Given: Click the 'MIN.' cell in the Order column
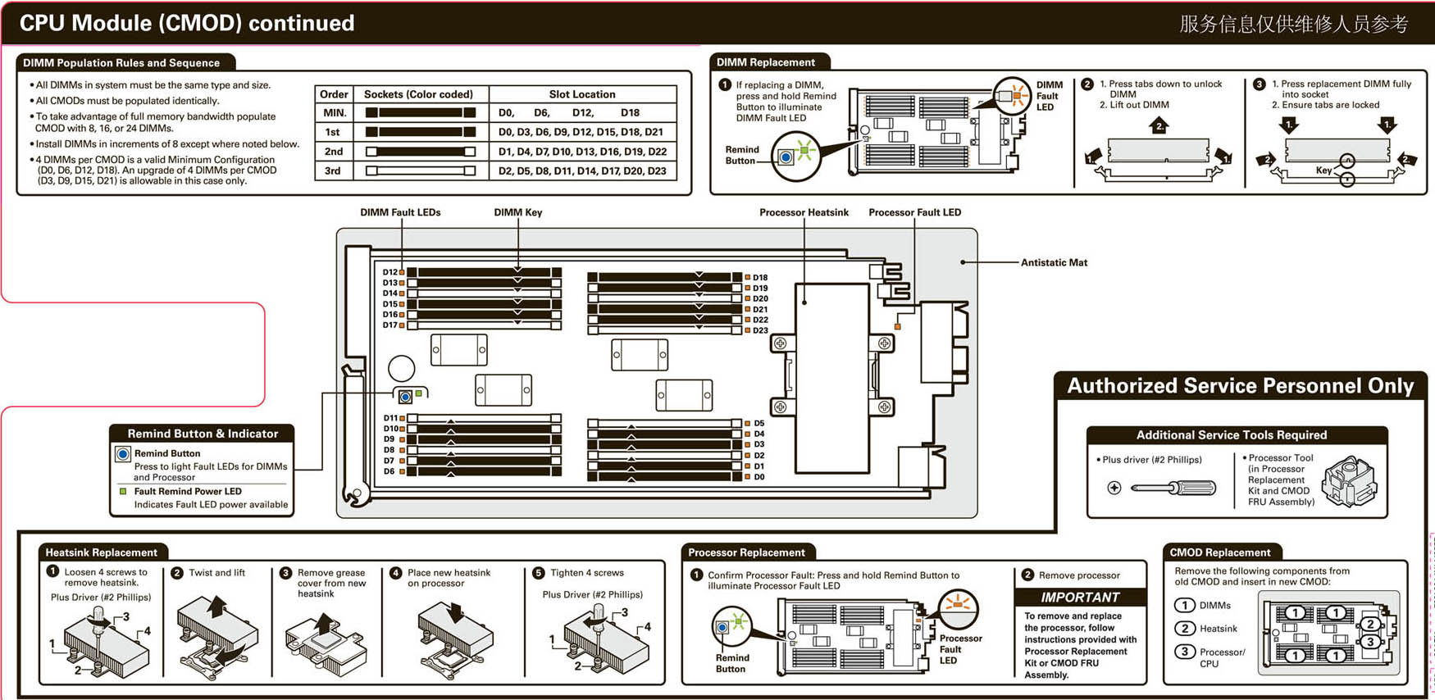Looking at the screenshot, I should (335, 113).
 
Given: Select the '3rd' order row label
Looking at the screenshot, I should (333, 171).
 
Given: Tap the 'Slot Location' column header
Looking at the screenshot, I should (581, 94).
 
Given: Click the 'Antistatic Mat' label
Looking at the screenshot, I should (1054, 263).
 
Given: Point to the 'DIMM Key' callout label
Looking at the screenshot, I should (517, 213).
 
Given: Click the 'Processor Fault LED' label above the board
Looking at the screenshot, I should (914, 213).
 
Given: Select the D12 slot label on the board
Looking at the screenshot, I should (389, 272).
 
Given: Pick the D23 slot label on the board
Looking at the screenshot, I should (760, 331).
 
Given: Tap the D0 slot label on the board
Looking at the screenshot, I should (759, 477).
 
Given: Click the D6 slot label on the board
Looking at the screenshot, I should (389, 471).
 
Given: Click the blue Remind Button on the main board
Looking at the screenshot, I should (405, 397).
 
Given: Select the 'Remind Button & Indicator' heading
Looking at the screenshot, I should (203, 434).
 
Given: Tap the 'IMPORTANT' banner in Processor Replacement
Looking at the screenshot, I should (1080, 598).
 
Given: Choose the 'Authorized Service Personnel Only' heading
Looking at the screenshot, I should (1240, 386).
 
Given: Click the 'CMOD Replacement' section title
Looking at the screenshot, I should (1219, 552).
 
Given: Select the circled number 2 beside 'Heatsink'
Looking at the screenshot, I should (1185, 629).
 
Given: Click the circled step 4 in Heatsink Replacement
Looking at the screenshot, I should (396, 573).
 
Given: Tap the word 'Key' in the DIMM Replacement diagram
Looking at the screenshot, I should (1323, 170).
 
